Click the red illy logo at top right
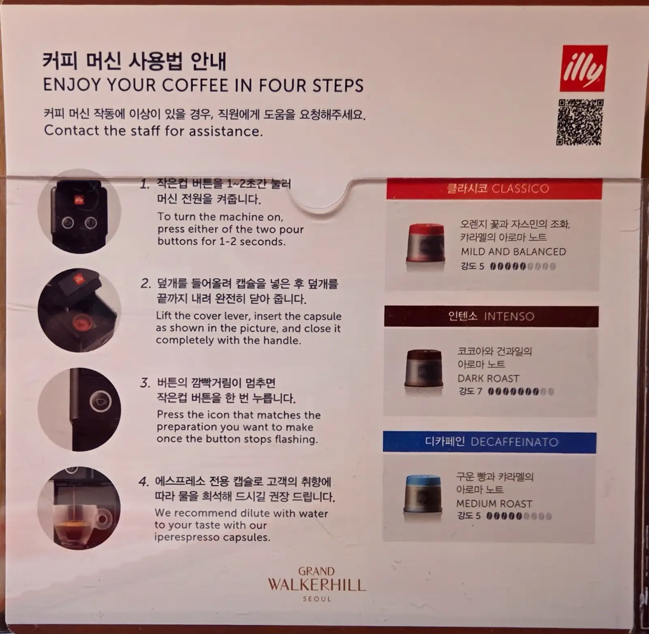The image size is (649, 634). [x=583, y=68]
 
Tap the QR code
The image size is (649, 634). [x=580, y=122]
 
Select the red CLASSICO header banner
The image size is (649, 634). [x=494, y=189]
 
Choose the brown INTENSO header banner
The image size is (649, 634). [x=491, y=316]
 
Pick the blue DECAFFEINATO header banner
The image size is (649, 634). [x=490, y=442]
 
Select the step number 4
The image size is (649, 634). [x=143, y=482]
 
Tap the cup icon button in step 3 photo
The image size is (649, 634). [x=101, y=402]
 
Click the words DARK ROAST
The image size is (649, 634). [x=488, y=378]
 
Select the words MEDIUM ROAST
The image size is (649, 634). [x=494, y=504]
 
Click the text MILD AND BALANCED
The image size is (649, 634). [x=513, y=252]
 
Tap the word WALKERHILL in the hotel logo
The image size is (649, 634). [x=317, y=585]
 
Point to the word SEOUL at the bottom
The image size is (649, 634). [x=317, y=599]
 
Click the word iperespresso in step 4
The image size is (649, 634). [x=187, y=537]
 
